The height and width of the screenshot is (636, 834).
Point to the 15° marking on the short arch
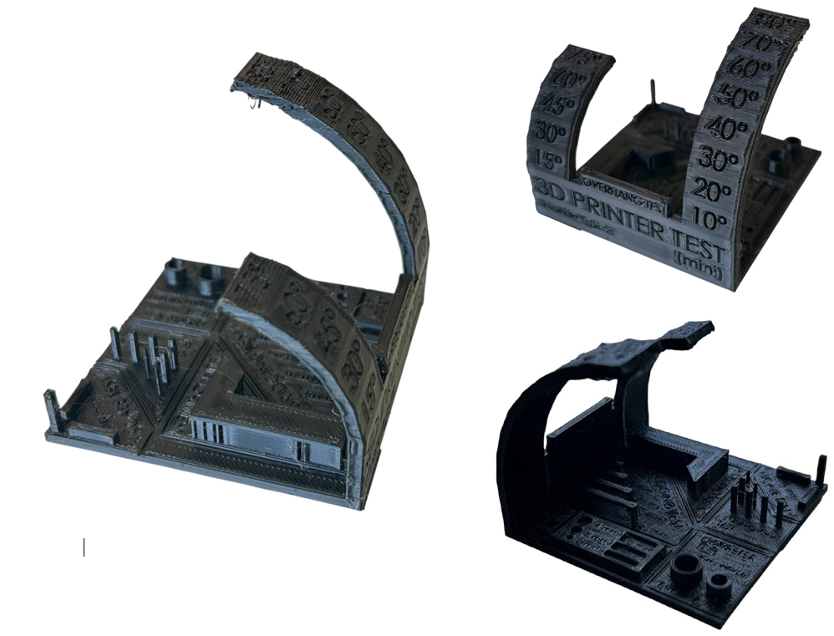(547, 159)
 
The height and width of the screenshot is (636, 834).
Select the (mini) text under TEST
(693, 265)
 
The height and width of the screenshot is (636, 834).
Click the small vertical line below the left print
(84, 547)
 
